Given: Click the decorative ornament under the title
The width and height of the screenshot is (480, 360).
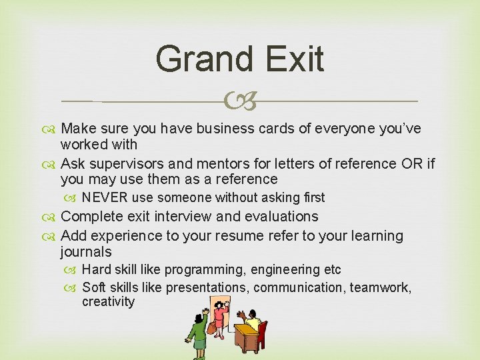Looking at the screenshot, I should point(240,102).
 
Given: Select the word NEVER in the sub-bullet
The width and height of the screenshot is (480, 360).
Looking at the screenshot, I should point(105,197).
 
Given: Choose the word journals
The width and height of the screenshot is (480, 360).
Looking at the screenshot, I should point(86,252).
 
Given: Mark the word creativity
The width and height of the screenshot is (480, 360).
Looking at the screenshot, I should point(108,302).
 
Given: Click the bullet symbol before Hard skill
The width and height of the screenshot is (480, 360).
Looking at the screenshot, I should point(73,270).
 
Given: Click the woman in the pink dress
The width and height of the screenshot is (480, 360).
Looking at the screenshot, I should point(219,322).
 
